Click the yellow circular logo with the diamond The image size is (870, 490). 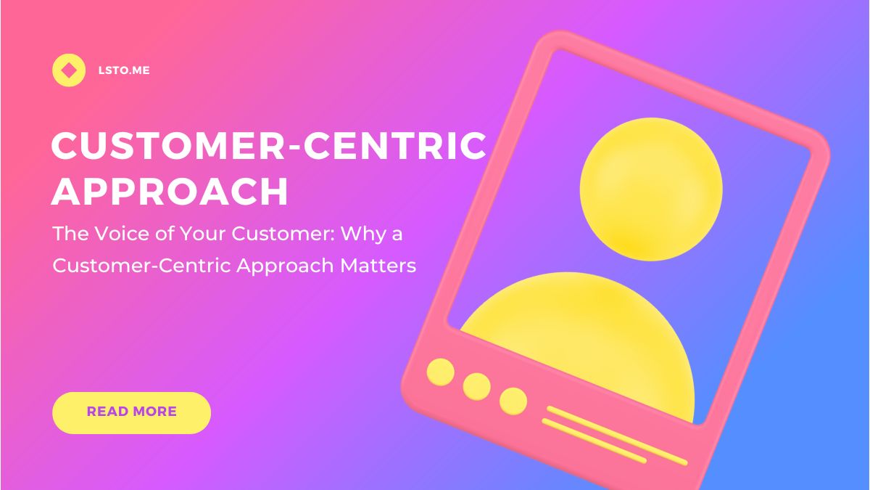pyautogui.click(x=69, y=70)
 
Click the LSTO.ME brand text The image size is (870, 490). pyautogui.click(x=124, y=70)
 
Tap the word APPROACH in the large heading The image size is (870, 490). pyautogui.click(x=170, y=192)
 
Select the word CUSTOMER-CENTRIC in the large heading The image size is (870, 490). pyautogui.click(x=268, y=145)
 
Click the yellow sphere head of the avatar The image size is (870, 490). pyautogui.click(x=651, y=189)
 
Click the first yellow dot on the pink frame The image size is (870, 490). pyautogui.click(x=441, y=372)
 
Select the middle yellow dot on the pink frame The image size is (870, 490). pyautogui.click(x=476, y=386)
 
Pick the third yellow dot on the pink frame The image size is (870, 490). pyautogui.click(x=513, y=401)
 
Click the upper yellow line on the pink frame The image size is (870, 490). pyautogui.click(x=617, y=436)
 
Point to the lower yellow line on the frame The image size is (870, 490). pyautogui.click(x=594, y=441)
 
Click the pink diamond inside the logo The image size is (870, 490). pyautogui.click(x=69, y=70)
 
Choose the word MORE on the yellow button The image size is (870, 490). pyautogui.click(x=154, y=412)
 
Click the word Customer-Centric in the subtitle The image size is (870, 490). pyautogui.click(x=142, y=266)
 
